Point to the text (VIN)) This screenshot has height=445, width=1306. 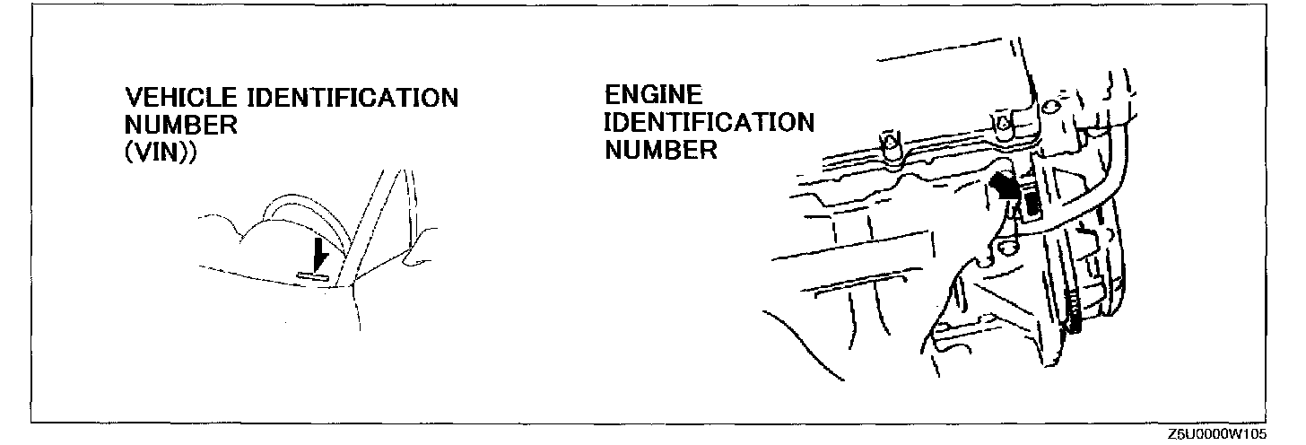pyautogui.click(x=161, y=150)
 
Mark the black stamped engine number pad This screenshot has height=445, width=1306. pyautogui.click(x=1032, y=205)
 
